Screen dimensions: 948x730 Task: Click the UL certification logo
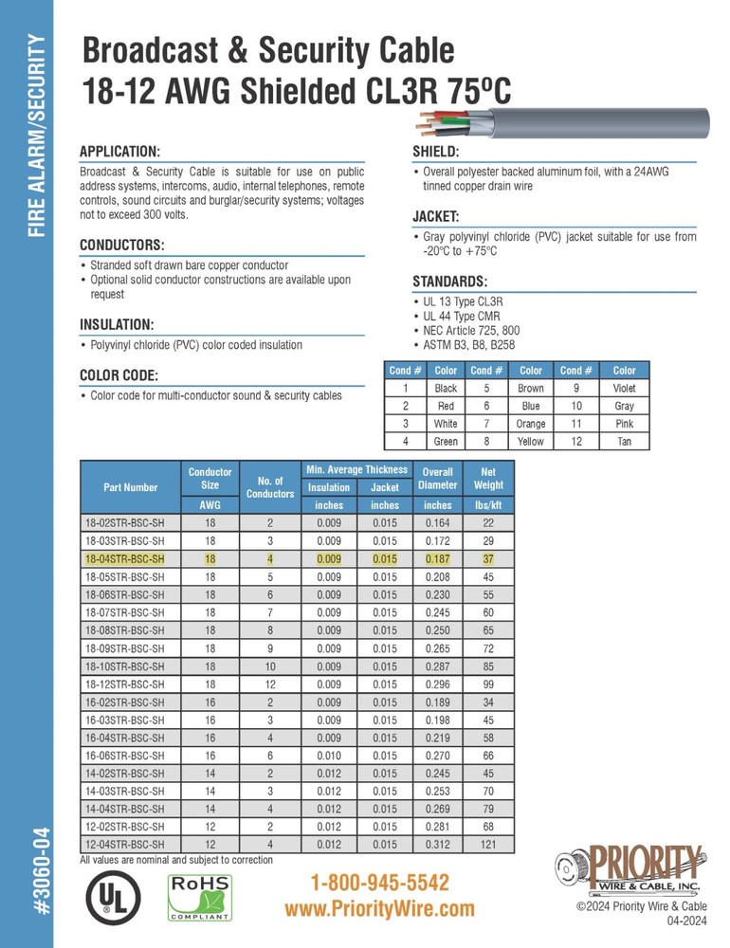tap(115, 896)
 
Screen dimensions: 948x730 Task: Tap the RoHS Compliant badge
tap(200, 897)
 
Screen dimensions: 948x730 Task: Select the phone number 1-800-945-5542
tap(379, 884)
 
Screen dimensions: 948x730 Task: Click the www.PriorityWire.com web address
tap(379, 909)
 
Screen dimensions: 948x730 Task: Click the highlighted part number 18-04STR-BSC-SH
tap(124, 558)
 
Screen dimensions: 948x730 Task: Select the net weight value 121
tap(489, 844)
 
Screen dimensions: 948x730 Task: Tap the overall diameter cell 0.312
tap(438, 844)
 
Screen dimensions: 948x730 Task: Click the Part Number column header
tap(130, 487)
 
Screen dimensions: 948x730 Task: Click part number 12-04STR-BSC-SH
tap(124, 844)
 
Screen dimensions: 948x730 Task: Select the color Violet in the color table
tap(625, 389)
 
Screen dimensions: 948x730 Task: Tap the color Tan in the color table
tap(625, 442)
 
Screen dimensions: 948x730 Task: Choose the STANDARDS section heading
tap(450, 282)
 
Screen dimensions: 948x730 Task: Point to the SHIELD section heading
tap(436, 153)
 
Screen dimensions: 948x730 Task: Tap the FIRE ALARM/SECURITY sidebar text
tap(36, 137)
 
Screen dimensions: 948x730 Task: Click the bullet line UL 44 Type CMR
tap(462, 316)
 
